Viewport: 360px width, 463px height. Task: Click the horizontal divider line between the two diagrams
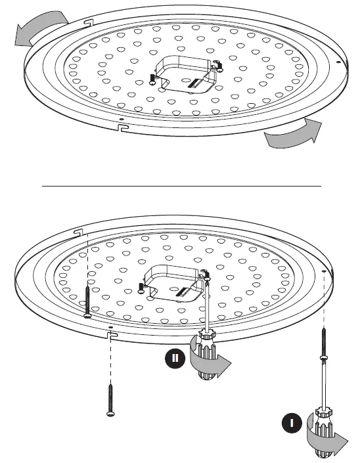[x=181, y=186]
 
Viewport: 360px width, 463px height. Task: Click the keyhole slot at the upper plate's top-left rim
[x=86, y=24]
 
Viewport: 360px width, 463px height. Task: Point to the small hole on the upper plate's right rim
[x=338, y=61]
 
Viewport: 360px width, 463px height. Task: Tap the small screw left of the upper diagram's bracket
[x=152, y=78]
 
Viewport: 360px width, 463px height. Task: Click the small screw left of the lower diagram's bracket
[x=141, y=286]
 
